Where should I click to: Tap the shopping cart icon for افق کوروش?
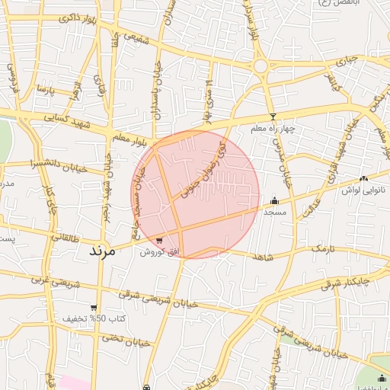click(159, 241)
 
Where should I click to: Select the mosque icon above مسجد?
click(274, 201)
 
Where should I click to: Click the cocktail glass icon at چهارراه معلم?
click(273, 117)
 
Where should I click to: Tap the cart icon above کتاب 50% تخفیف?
click(94, 308)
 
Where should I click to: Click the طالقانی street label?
click(64, 238)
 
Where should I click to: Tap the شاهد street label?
click(261, 257)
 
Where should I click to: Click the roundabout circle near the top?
click(261, 66)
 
